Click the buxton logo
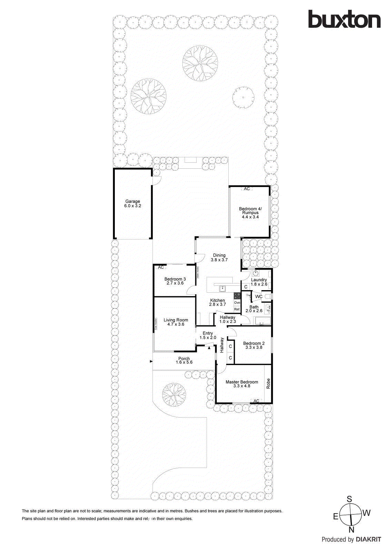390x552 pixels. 344,19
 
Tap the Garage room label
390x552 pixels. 133,204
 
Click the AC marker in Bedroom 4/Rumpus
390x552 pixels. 247,189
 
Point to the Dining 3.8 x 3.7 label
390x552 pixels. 219,258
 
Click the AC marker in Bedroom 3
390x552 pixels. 161,267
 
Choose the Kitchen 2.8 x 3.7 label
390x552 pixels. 218,303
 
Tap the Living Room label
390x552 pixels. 176,322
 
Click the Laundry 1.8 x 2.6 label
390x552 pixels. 259,282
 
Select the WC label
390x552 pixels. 259,296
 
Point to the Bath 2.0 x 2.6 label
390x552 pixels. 254,309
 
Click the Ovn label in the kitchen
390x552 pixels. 237,303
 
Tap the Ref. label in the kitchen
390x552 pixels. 237,309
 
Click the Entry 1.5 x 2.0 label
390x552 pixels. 208,335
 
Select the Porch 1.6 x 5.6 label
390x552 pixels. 184,361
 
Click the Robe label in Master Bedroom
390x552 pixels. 268,384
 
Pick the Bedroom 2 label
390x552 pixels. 254,345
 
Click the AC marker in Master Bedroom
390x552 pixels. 256,401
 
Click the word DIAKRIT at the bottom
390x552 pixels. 368,540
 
